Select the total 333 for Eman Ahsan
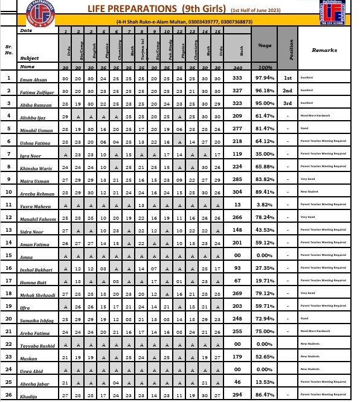pos(237,78)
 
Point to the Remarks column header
pos(324,51)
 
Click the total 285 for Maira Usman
pos(237,179)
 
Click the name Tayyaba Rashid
pos(34,345)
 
